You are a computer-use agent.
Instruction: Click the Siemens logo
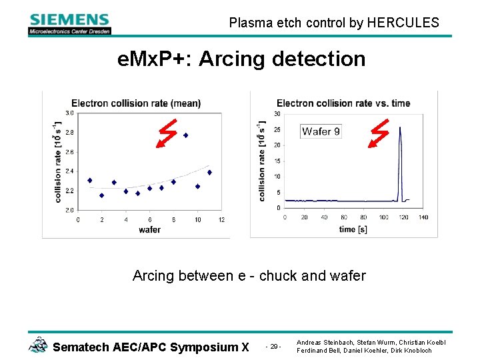click(x=69, y=23)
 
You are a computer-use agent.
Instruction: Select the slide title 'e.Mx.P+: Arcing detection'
click(x=241, y=59)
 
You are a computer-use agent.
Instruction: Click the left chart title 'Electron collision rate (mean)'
click(x=136, y=103)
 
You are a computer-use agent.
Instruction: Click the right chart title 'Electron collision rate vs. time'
click(x=343, y=103)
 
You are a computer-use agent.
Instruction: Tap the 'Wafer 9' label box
click(x=321, y=131)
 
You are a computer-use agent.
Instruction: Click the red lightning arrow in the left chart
click(x=167, y=133)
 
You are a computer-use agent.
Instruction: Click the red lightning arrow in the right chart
click(x=379, y=133)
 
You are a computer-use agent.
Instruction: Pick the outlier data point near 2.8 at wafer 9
click(x=185, y=135)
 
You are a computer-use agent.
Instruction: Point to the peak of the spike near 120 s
click(x=399, y=128)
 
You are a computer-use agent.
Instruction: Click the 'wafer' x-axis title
click(x=149, y=229)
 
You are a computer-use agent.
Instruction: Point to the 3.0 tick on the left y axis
click(x=69, y=113)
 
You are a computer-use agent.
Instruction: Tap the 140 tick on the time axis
click(x=423, y=217)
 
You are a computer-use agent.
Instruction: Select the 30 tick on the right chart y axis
click(x=277, y=114)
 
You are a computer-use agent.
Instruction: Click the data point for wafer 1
click(x=90, y=180)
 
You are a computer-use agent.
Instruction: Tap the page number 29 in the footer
click(x=273, y=347)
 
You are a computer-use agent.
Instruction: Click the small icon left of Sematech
click(x=38, y=345)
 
